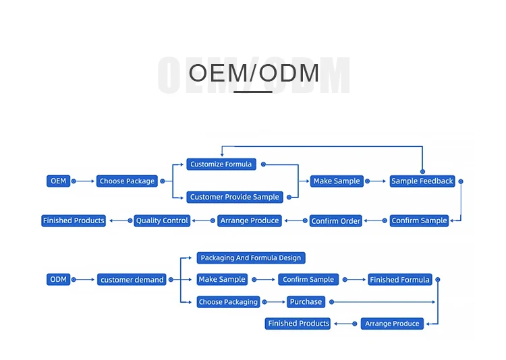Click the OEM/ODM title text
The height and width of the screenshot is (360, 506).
[x=253, y=73]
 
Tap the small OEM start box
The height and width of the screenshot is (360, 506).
[x=59, y=181]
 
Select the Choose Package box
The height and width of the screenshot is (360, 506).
[x=127, y=181]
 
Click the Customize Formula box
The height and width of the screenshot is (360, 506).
[x=221, y=164]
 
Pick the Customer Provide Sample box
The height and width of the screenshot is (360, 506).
[x=234, y=197]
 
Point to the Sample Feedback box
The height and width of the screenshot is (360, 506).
[x=422, y=181]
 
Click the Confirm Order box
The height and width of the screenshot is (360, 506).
[x=336, y=220]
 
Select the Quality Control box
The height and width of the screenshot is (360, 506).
[x=162, y=220]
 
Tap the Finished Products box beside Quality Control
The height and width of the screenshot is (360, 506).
[x=74, y=220]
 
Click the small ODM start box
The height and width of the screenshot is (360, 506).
[x=59, y=279]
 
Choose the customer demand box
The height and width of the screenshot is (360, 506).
[x=132, y=279]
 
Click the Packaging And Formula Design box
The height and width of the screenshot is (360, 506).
[x=251, y=258]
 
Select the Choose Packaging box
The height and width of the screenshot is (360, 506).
[x=228, y=302]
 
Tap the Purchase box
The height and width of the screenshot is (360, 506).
[x=306, y=302]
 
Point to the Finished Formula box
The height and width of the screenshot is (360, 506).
[x=399, y=279]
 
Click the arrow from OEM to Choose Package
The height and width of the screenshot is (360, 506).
[x=83, y=181]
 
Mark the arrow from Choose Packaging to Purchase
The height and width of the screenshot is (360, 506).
[x=274, y=302]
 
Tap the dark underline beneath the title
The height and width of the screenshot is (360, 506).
[x=253, y=91]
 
